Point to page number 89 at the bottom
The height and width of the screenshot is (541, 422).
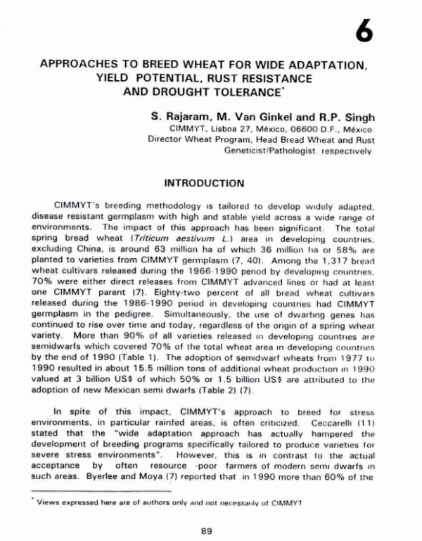206,530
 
